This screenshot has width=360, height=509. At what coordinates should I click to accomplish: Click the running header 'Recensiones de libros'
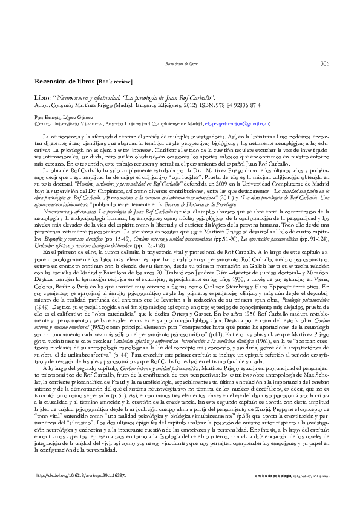coord(182,63)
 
